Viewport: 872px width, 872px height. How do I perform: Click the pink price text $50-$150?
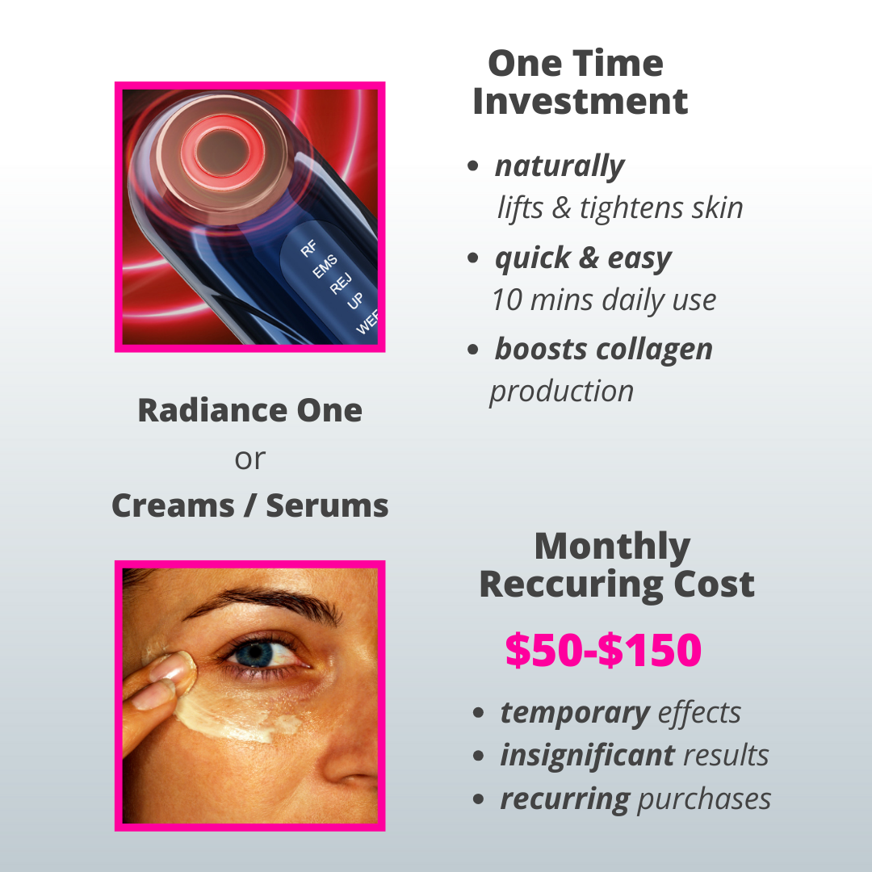(x=603, y=649)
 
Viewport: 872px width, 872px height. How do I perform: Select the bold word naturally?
(x=560, y=166)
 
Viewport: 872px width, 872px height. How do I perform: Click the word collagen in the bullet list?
(x=654, y=350)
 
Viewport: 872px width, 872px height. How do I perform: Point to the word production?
(x=562, y=392)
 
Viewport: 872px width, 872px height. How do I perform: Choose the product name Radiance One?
(x=249, y=410)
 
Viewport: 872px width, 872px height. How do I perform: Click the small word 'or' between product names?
(x=249, y=459)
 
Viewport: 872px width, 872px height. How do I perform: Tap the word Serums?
(x=327, y=505)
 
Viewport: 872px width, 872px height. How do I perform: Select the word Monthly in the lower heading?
(x=612, y=547)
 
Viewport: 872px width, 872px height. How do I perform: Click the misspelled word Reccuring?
(x=571, y=585)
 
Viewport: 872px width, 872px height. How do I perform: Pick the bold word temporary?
(x=575, y=713)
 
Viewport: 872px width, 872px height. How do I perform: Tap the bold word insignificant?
(x=587, y=755)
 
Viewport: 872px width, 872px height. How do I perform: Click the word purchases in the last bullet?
(x=704, y=799)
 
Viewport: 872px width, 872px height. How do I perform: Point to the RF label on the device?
(x=308, y=248)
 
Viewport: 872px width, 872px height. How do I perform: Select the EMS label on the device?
(x=325, y=266)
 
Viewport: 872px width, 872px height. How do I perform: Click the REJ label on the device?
(x=341, y=283)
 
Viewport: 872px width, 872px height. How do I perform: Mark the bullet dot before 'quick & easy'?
(x=472, y=258)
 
